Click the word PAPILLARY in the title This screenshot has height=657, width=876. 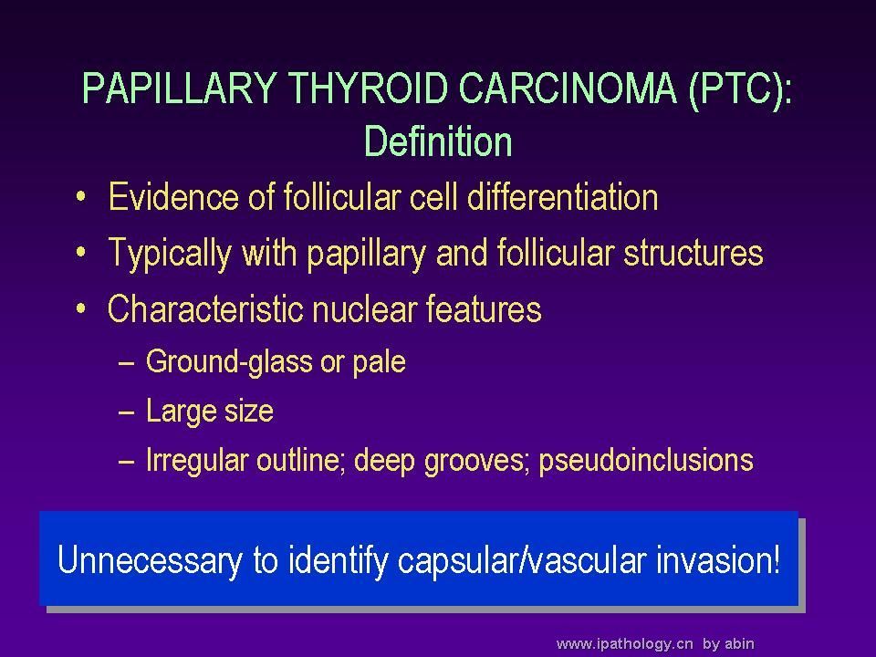click(x=180, y=88)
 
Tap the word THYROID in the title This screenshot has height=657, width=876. click(x=368, y=88)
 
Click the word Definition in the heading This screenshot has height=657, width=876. click(x=438, y=141)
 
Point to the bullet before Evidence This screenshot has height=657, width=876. click(x=81, y=197)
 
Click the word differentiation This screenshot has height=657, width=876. click(x=563, y=197)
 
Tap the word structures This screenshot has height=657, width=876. click(x=693, y=253)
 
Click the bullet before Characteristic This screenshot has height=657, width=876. click(x=81, y=308)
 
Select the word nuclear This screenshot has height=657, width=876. click(x=364, y=309)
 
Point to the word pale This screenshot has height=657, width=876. click(x=380, y=362)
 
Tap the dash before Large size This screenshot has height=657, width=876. click(x=127, y=412)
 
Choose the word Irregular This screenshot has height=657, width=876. click(x=197, y=461)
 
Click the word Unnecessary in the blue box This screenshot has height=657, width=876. click(x=150, y=561)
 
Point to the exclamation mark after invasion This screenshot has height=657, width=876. click(x=776, y=559)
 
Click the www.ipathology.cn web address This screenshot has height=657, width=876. click(x=624, y=644)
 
